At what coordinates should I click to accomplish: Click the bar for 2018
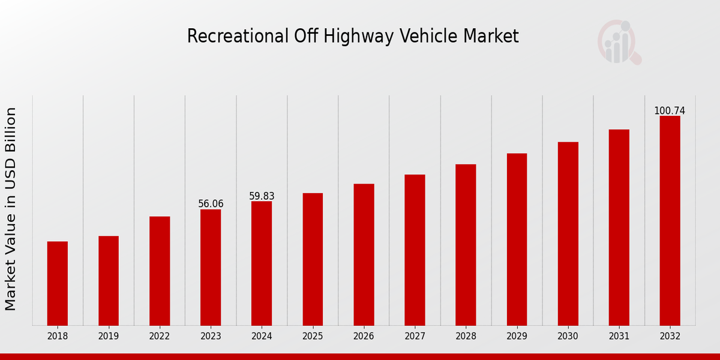tap(58, 283)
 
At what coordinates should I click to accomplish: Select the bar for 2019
tap(109, 281)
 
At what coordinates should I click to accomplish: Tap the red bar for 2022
tap(160, 271)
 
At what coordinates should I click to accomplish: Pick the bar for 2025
tap(313, 259)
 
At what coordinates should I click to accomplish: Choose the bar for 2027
tap(415, 250)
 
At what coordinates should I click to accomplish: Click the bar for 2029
tap(517, 239)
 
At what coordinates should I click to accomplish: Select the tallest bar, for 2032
tap(670, 221)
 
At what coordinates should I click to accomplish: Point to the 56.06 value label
tap(211, 204)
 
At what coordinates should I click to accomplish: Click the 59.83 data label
tap(262, 196)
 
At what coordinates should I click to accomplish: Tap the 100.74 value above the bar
tap(670, 111)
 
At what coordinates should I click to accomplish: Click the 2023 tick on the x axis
tap(211, 337)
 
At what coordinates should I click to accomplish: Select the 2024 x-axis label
tap(262, 337)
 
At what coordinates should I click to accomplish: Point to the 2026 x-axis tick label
tap(364, 337)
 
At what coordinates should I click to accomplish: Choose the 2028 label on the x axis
tap(466, 337)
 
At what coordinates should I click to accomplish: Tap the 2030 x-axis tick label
tap(568, 337)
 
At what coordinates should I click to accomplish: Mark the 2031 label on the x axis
tap(619, 337)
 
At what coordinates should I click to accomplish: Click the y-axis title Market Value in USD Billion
tap(11, 209)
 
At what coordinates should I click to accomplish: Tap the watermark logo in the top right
tap(619, 42)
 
